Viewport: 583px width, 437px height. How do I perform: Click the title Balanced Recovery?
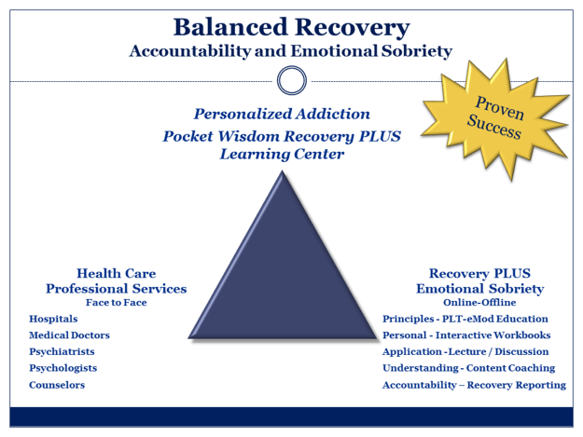pos(291,28)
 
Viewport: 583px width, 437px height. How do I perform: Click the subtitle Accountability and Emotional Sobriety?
pos(291,51)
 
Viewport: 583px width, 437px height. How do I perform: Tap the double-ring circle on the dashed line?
pos(292,80)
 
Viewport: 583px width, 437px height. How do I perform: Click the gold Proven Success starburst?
pos(495,118)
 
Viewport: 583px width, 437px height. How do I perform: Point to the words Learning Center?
pos(282,154)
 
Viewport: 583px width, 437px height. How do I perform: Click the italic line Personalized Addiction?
pos(282,114)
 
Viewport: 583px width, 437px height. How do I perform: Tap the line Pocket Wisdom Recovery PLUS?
pos(282,136)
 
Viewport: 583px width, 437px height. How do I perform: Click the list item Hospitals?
pos(53,319)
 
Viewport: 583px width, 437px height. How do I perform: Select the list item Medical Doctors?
pos(69,335)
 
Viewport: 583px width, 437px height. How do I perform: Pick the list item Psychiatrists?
pos(62,351)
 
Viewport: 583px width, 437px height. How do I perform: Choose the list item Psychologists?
pos(62,368)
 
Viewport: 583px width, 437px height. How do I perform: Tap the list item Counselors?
pos(57,385)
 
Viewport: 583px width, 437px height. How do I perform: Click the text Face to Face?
pos(116,303)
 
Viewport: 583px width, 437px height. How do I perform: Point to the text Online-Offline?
pos(479,303)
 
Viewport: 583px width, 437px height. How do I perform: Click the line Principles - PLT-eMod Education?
pos(465,319)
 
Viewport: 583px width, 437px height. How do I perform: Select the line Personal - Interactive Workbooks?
pos(466,335)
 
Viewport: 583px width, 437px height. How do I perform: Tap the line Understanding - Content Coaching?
pos(469,368)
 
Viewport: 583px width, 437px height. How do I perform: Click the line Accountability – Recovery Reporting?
pos(475,385)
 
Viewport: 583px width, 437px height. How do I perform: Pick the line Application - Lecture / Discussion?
pos(465,351)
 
